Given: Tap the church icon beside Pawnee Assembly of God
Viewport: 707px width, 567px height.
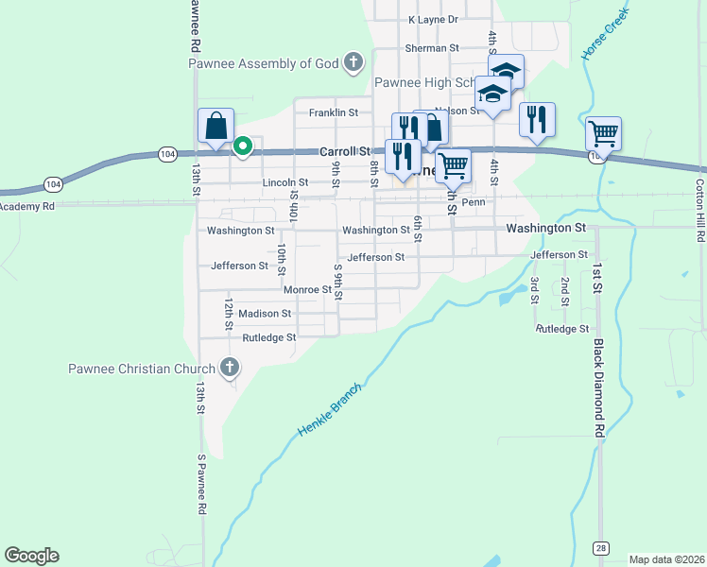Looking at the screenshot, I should (x=353, y=63).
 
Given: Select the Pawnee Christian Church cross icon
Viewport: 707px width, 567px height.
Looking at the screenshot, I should (x=228, y=368).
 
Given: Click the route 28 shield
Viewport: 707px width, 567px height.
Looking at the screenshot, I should (x=600, y=547).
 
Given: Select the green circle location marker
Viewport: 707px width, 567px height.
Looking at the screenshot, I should (x=242, y=146).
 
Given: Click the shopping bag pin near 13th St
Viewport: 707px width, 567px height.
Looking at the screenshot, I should (x=216, y=126).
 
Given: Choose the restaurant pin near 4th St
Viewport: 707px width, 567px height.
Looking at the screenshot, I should (x=537, y=120).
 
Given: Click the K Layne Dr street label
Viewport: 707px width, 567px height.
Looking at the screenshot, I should (x=433, y=19).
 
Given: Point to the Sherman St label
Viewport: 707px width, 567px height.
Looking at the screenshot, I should (x=431, y=47).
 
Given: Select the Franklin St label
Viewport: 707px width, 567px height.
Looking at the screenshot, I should (x=334, y=112).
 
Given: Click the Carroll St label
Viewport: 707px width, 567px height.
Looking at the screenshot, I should (x=344, y=150).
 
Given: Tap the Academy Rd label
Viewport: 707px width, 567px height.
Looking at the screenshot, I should (x=28, y=205).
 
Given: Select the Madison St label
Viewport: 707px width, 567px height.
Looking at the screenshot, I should (x=265, y=313).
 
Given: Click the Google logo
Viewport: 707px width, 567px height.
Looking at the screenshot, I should (x=32, y=556).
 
